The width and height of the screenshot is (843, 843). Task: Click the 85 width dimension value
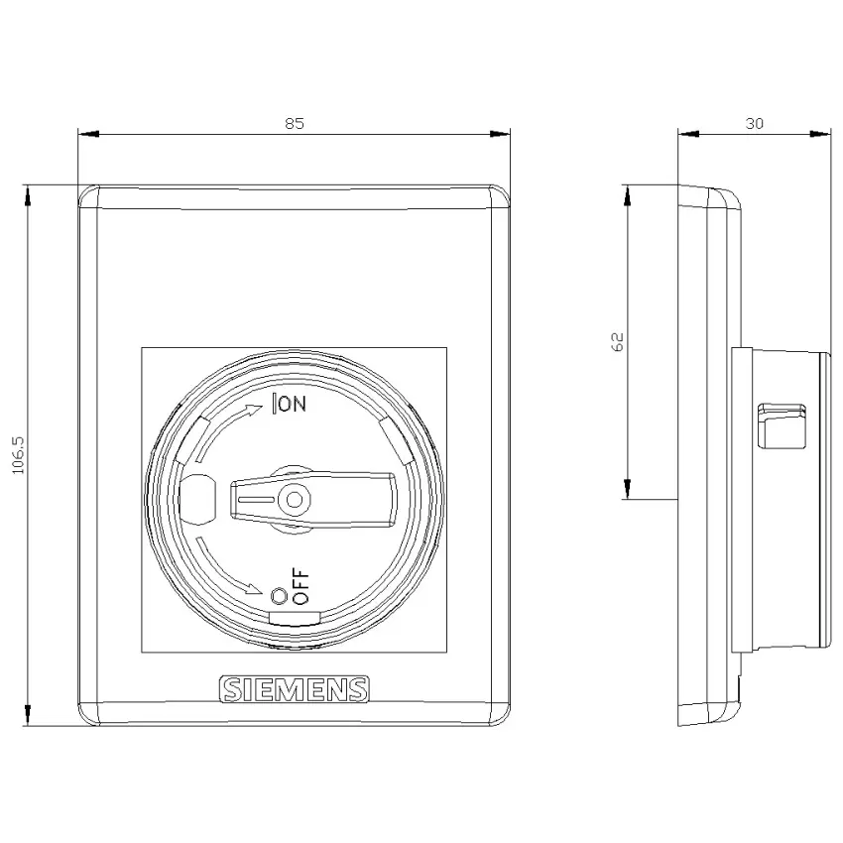coord(295,123)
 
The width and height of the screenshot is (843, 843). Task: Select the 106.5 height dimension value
coord(18,455)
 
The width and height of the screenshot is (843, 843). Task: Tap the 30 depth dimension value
coord(755,123)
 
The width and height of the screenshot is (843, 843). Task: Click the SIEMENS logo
coord(295,689)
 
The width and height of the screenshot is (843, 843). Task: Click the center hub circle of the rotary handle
coord(294,500)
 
